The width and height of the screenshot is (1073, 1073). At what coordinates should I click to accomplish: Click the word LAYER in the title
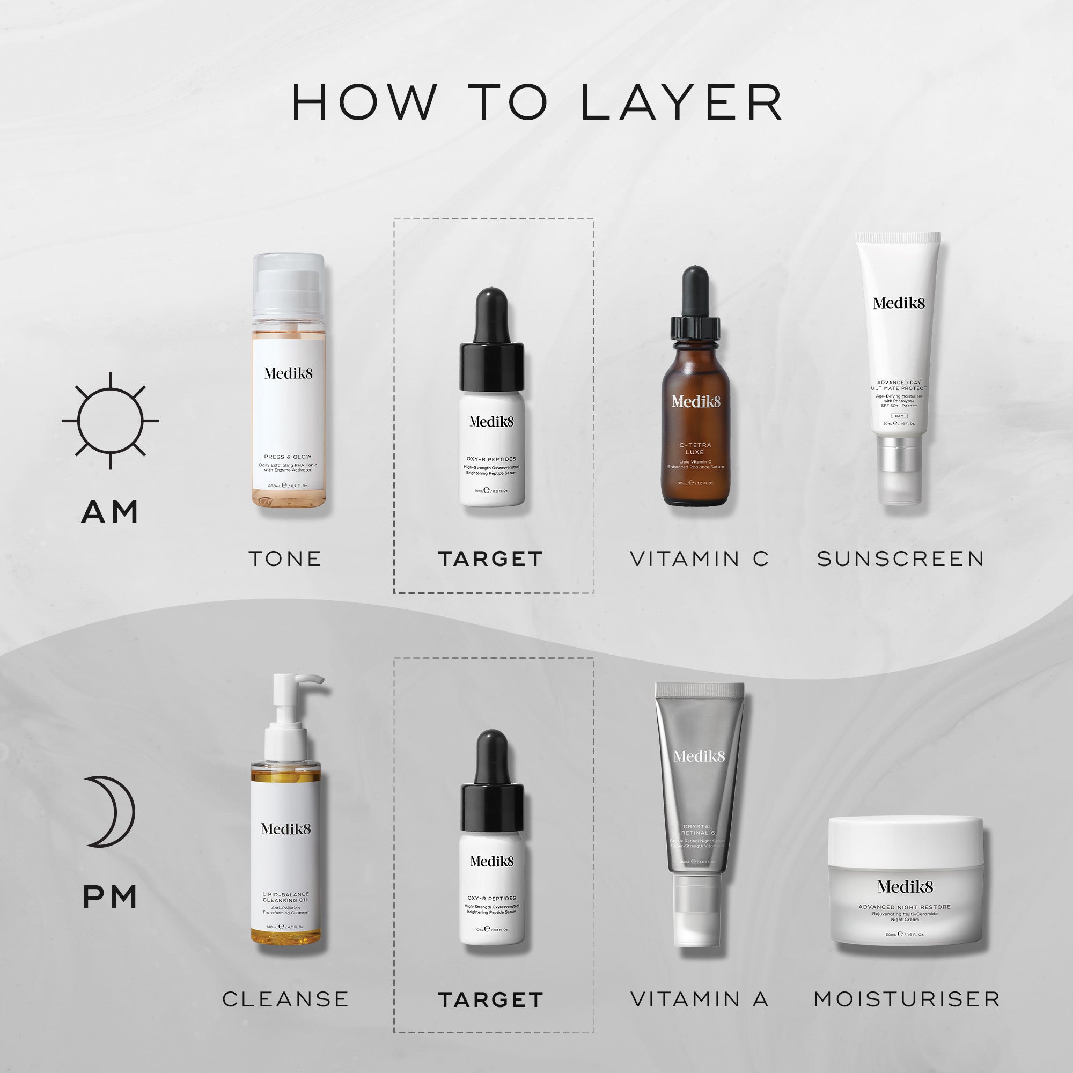point(682,103)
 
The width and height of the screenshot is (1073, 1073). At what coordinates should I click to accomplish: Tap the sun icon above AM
point(111,421)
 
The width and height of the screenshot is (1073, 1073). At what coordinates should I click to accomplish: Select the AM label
point(110,511)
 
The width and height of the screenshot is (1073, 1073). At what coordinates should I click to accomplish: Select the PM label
point(110,897)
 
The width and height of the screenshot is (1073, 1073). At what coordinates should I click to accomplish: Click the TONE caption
point(285,558)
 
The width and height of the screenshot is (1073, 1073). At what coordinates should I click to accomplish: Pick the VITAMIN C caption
point(700,558)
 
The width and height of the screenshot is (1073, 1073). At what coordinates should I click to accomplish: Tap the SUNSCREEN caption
point(901,558)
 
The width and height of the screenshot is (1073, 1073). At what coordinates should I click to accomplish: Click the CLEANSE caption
point(285,999)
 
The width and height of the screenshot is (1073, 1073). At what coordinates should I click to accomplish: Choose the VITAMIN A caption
point(700,999)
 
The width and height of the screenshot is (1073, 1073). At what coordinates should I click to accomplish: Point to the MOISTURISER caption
point(907,999)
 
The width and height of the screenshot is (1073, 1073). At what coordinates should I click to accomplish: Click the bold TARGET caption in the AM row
point(490,558)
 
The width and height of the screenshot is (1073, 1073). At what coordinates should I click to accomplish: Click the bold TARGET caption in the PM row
point(490,999)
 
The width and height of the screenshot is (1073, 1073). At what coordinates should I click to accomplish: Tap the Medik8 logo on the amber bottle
point(695,401)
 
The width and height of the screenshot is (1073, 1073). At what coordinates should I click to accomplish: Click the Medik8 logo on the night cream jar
point(905,886)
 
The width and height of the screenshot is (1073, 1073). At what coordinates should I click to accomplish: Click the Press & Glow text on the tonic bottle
point(288,457)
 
